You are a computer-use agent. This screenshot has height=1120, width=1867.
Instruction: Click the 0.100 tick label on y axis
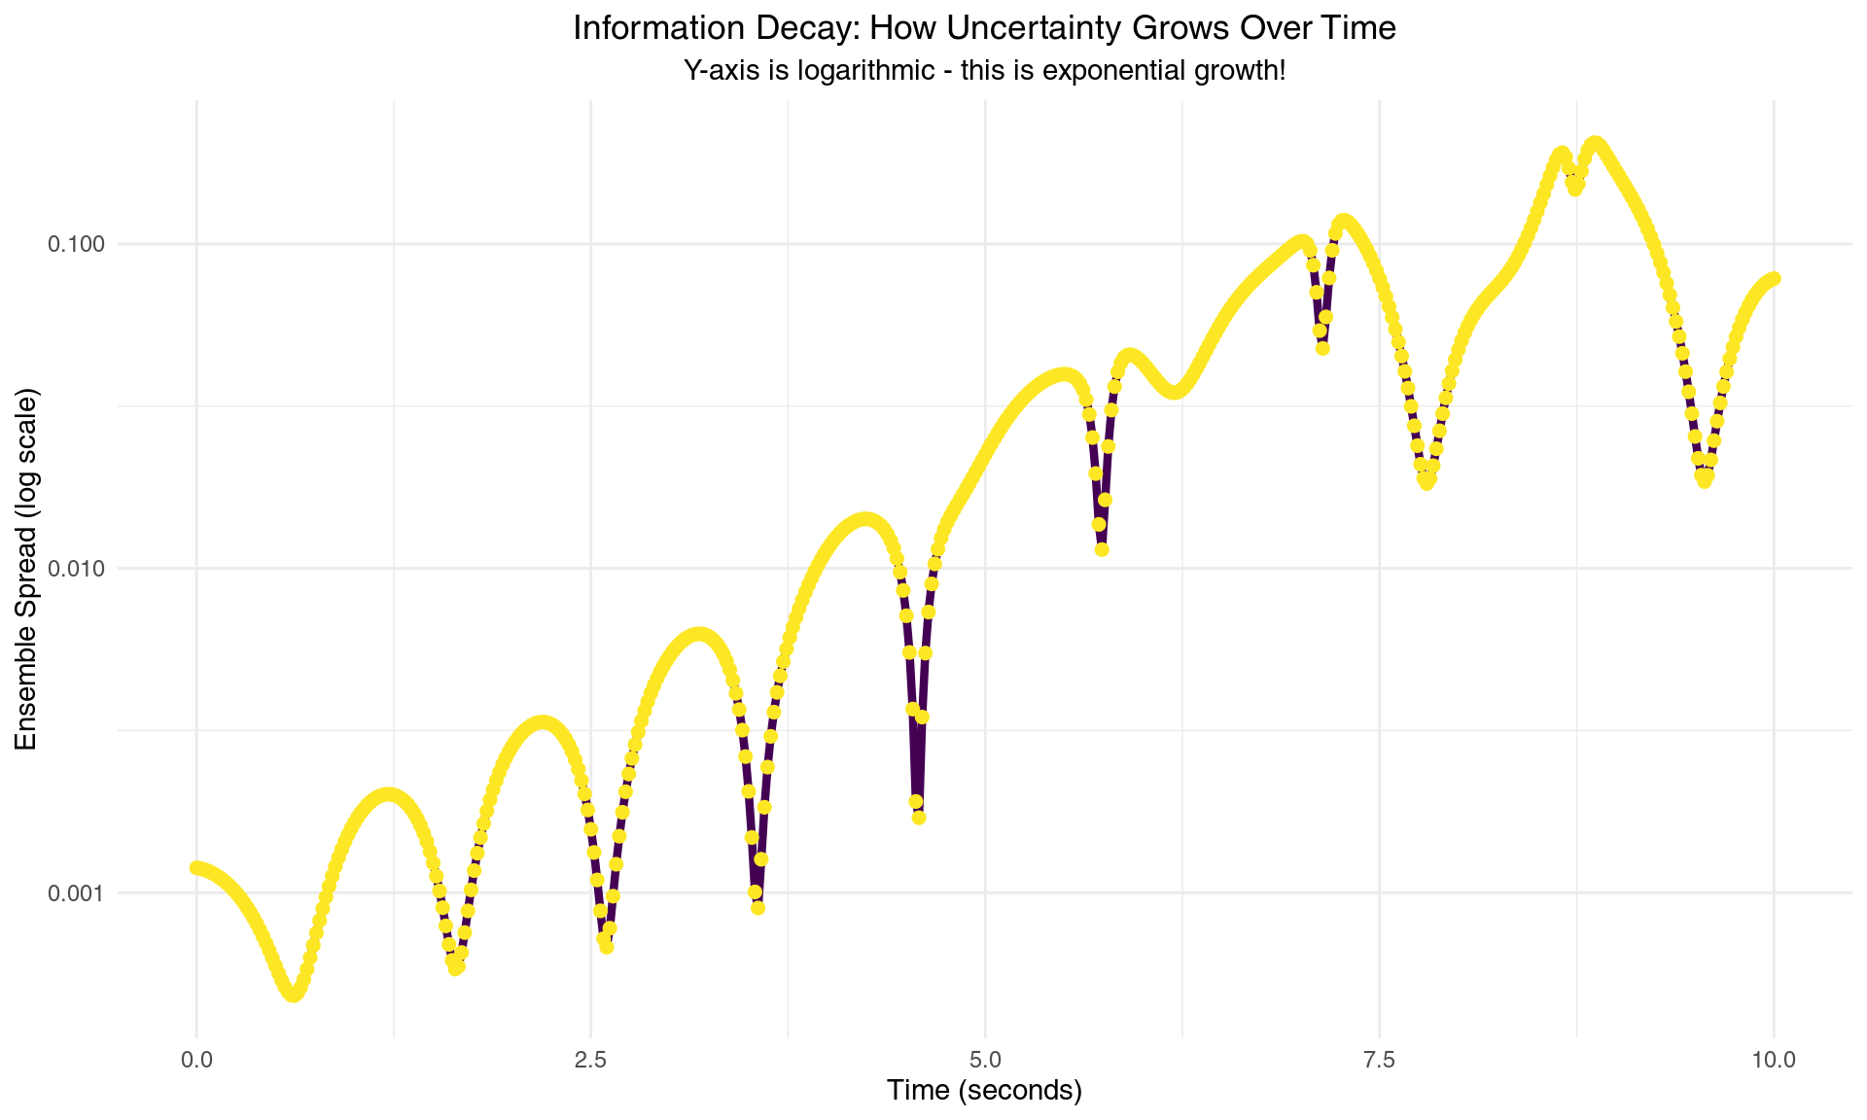pyautogui.click(x=76, y=244)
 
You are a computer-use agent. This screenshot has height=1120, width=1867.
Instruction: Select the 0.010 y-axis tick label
pyautogui.click(x=76, y=569)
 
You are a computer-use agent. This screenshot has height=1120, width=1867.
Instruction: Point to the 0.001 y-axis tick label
pyautogui.click(x=76, y=892)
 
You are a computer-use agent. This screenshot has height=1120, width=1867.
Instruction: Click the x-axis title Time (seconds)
pyautogui.click(x=984, y=1091)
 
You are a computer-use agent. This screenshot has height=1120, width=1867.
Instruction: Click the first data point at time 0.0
pyautogui.click(x=196, y=867)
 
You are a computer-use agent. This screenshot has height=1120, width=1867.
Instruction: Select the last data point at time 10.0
pyautogui.click(x=1774, y=279)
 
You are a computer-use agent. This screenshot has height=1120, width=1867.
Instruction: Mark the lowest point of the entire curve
pyautogui.click(x=293, y=995)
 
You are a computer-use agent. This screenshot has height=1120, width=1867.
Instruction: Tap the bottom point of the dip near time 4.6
pyautogui.click(x=919, y=818)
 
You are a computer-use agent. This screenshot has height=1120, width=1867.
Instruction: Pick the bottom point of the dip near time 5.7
pyautogui.click(x=1102, y=549)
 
